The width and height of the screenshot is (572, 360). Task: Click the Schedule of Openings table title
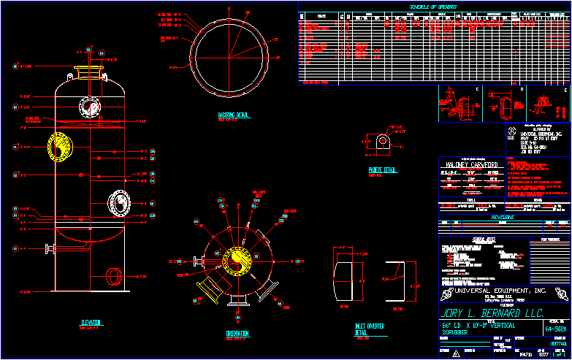click(434, 7)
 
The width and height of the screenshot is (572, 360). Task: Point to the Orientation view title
click(237, 333)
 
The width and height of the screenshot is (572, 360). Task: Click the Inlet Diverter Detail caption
click(370, 329)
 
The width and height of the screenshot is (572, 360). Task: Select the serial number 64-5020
click(557, 329)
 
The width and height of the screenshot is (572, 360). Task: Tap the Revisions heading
click(503, 217)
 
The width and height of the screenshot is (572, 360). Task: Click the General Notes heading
click(461, 239)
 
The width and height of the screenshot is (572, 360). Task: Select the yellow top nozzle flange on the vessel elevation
click(89, 72)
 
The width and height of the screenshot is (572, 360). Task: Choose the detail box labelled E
click(548, 104)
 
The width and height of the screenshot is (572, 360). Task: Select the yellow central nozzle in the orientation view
click(237, 259)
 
